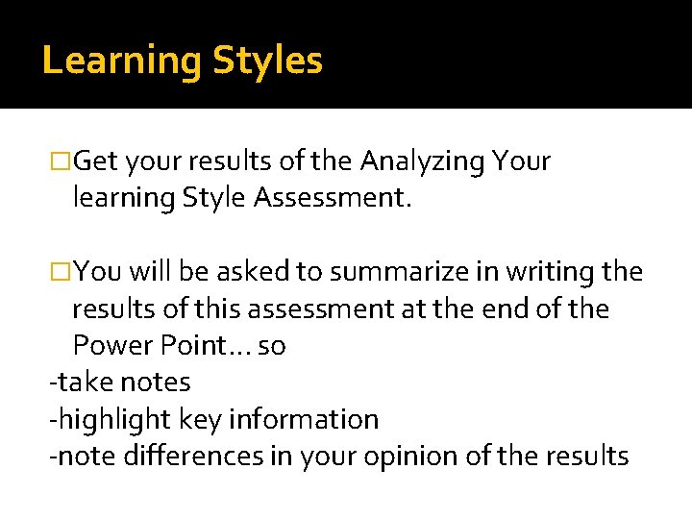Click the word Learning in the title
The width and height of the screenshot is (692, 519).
pyautogui.click(x=121, y=62)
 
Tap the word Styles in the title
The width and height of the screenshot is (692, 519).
pyautogui.click(x=267, y=62)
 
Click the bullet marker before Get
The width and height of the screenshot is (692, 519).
pyautogui.click(x=61, y=161)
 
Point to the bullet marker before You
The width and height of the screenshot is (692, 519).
pyautogui.click(x=61, y=273)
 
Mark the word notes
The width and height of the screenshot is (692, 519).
pyautogui.click(x=153, y=383)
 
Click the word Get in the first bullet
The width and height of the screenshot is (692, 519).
pyautogui.click(x=95, y=161)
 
